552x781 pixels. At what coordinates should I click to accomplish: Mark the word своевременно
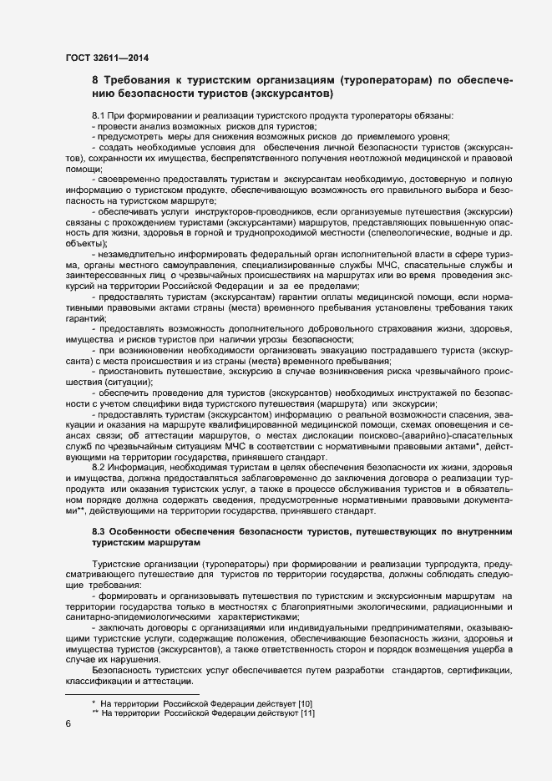pos(134,179)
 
